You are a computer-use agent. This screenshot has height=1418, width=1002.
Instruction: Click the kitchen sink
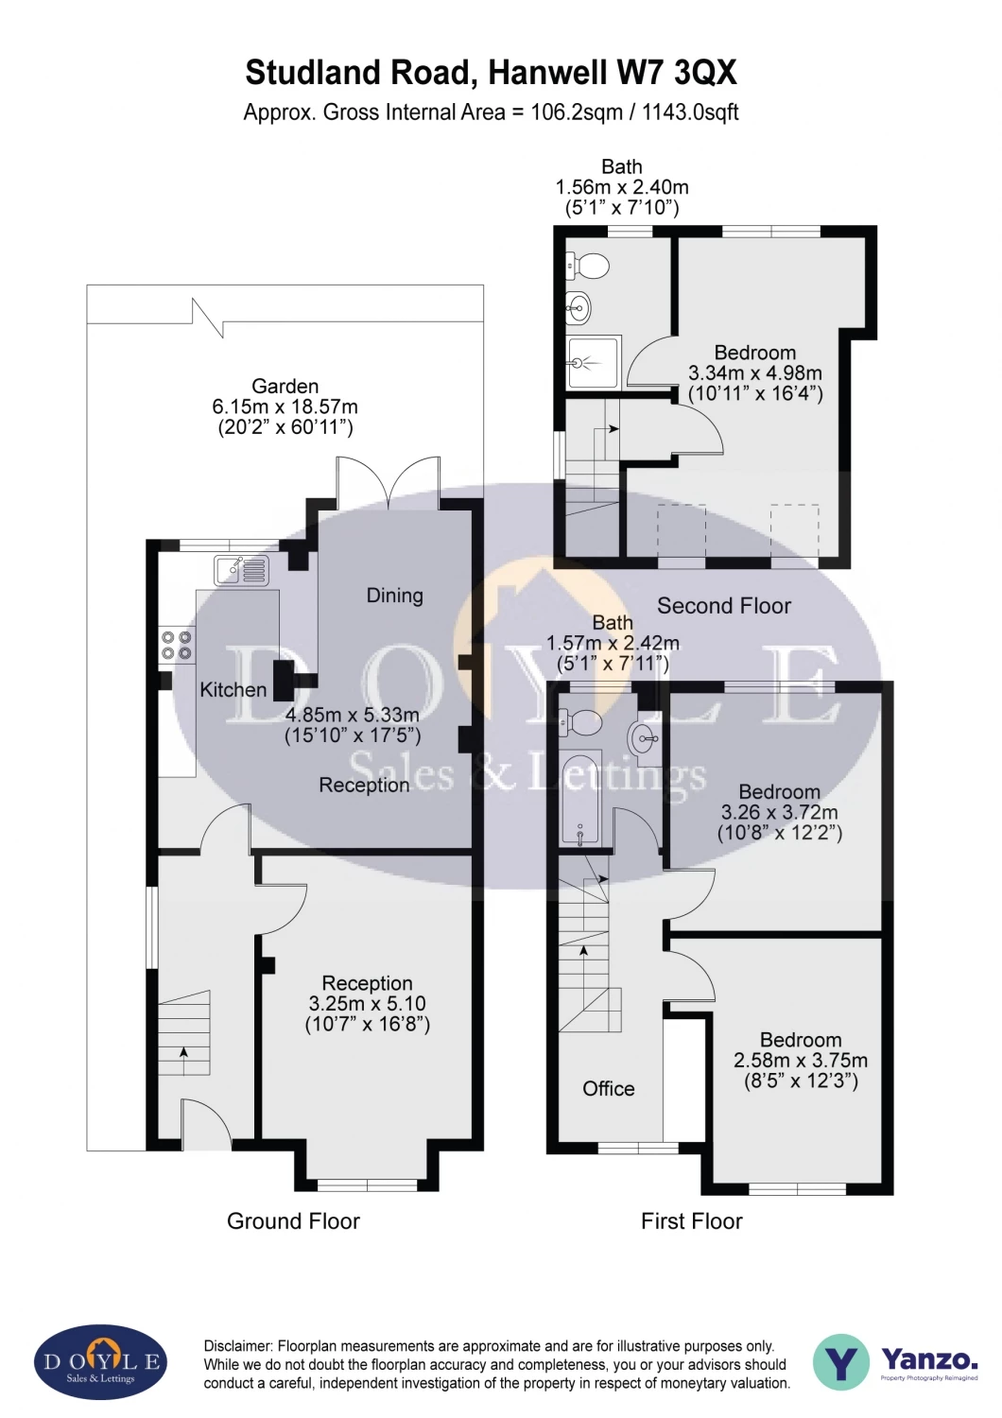[x=242, y=570]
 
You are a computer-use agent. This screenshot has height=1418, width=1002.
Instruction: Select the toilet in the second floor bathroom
[x=587, y=266]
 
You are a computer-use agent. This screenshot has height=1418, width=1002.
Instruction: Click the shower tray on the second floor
[x=594, y=363]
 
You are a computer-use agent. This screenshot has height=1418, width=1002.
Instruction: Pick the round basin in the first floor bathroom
[x=645, y=737]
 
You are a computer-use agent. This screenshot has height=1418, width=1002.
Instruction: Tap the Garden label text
[x=285, y=386]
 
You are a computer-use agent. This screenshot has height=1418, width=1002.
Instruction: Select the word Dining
[x=394, y=595]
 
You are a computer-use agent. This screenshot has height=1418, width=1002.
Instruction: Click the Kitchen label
[x=233, y=689]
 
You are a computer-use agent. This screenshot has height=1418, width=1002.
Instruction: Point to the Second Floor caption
[x=723, y=606]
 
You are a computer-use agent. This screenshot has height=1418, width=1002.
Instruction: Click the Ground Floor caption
[x=293, y=1221]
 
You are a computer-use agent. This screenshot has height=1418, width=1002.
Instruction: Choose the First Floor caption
[x=691, y=1221]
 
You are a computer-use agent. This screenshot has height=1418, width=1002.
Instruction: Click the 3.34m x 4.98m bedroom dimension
[x=755, y=372]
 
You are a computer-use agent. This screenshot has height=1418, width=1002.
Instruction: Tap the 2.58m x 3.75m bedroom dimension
[x=800, y=1061]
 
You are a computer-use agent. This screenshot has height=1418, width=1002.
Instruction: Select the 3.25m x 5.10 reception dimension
[x=367, y=1003]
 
